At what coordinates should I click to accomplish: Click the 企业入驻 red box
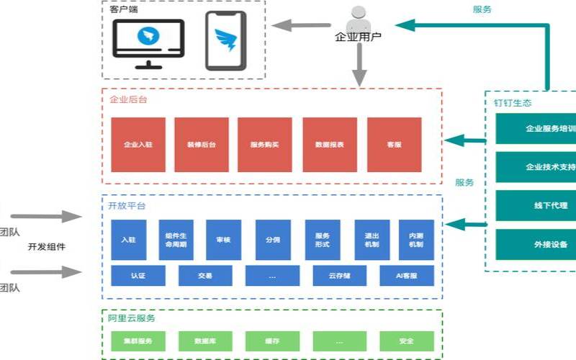coord(138,144)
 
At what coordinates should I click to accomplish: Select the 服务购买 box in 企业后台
coord(264,144)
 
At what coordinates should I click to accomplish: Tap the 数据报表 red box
coord(329,144)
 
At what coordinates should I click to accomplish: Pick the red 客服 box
coord(394,144)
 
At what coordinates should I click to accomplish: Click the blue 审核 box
coord(223,240)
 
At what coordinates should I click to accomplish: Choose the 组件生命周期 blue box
coord(176,240)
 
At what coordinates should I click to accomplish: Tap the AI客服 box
coord(407,275)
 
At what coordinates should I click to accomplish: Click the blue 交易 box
coord(205,275)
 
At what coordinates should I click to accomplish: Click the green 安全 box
coord(407,341)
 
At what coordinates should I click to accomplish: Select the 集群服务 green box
coord(138,341)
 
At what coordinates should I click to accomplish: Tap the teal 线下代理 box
coord(536,205)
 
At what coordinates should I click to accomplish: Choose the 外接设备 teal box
coord(536,244)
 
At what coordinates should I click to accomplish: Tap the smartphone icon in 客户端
coord(225,40)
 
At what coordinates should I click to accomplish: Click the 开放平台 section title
coord(127,206)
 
